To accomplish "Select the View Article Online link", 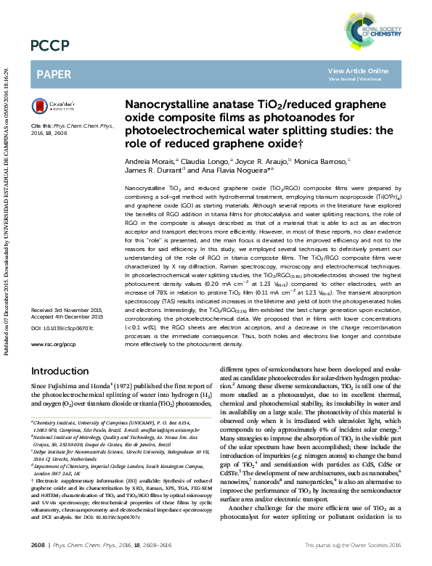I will click(x=358, y=70).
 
